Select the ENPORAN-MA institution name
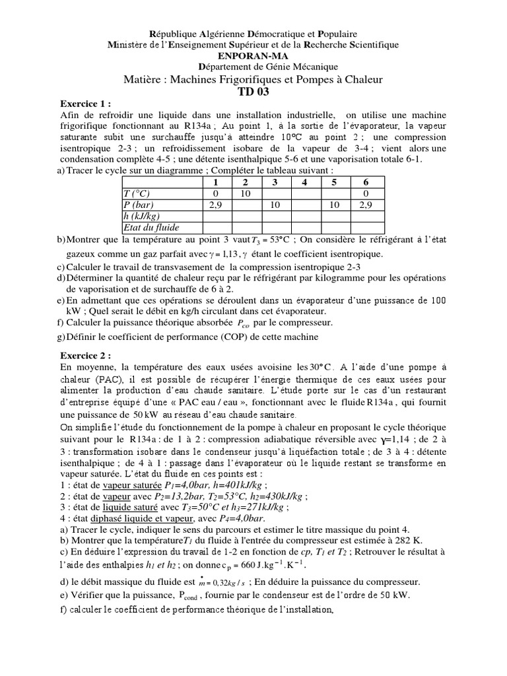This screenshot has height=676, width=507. tap(253, 55)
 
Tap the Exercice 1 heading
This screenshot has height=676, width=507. tap(85, 104)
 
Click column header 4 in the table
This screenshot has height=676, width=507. tap(304, 182)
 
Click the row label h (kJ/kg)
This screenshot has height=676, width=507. tap(143, 216)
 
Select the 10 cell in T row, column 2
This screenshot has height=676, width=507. tap(245, 193)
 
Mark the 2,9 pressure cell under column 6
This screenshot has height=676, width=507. tap(365, 205)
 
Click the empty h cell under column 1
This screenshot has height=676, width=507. tap(214, 216)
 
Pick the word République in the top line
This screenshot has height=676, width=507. tap(174, 33)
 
